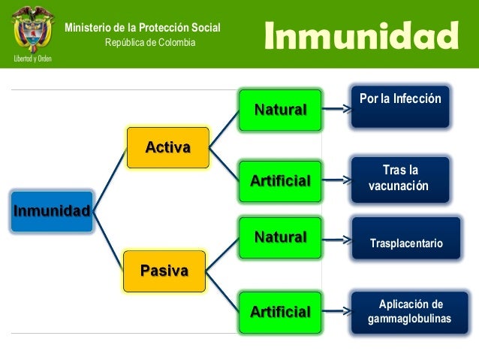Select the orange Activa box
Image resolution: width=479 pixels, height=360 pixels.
(x=167, y=147)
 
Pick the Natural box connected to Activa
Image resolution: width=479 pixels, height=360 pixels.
(x=280, y=110)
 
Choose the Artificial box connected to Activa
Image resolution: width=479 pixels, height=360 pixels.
(x=280, y=181)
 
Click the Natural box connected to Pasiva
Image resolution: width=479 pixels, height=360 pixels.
(x=280, y=237)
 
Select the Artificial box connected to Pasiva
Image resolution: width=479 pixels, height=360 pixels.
(x=280, y=310)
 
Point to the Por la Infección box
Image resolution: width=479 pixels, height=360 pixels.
(x=400, y=106)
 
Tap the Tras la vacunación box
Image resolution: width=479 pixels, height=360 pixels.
(x=400, y=178)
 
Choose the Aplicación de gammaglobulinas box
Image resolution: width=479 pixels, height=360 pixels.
(x=409, y=311)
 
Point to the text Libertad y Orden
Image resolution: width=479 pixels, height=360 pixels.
(x=32, y=58)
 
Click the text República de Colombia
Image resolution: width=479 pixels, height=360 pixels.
(x=149, y=42)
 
